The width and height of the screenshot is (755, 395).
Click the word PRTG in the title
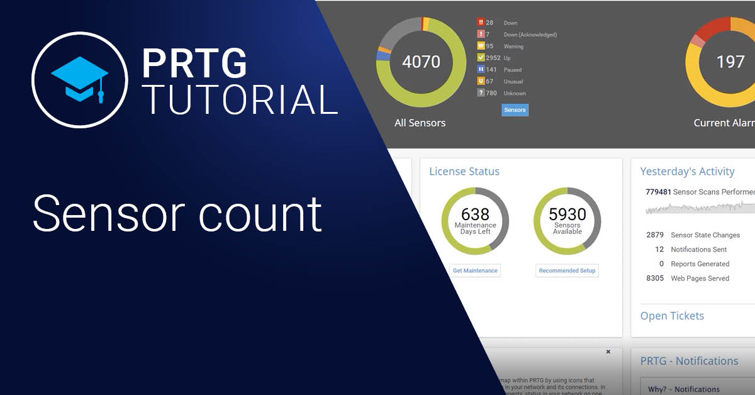point(194,63)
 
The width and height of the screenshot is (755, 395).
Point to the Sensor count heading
point(177,214)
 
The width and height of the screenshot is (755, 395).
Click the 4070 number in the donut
point(421,62)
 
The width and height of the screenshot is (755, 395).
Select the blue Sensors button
point(515,110)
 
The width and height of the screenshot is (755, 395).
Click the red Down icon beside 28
point(481,23)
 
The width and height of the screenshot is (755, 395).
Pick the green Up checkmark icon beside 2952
point(481,58)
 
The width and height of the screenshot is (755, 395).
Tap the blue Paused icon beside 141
point(481,70)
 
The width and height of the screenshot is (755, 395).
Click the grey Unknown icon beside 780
point(481,93)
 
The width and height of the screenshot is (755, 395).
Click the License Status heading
point(464,172)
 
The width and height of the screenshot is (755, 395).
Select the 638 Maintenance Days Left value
point(475,215)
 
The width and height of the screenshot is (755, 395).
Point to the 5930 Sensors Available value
point(568,215)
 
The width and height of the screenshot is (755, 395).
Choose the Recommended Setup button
point(568,270)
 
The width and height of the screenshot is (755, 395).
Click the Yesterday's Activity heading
point(687,172)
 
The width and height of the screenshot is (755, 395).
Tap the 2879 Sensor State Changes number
point(655,235)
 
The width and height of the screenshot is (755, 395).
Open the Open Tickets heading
point(672,316)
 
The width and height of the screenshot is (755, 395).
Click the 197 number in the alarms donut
point(730,62)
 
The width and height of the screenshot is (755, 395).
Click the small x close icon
point(608,352)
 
